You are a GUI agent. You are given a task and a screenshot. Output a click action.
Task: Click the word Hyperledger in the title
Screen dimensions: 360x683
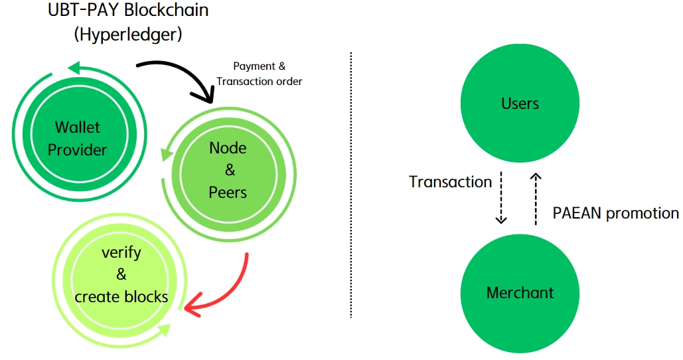tap(128, 33)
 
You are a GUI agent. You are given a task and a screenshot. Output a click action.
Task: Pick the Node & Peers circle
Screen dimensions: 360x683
tap(228, 170)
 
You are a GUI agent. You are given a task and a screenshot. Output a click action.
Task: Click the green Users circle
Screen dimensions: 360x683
tap(520, 104)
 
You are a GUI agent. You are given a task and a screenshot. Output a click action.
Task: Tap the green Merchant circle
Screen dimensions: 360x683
tap(520, 293)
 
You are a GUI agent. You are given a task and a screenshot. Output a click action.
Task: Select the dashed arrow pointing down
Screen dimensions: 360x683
tap(502, 198)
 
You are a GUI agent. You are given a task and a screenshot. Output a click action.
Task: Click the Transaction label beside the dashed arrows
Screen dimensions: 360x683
tap(450, 182)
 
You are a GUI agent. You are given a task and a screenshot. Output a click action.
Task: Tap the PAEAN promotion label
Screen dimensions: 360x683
tap(615, 214)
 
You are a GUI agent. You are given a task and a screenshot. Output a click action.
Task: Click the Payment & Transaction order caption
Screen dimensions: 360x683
tap(259, 74)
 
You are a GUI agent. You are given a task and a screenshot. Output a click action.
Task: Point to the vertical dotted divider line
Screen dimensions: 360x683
tap(350, 186)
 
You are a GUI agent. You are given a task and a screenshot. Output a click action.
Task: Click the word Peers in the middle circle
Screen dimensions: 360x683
tap(228, 193)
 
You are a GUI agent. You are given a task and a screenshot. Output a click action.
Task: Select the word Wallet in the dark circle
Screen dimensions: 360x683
tap(77, 127)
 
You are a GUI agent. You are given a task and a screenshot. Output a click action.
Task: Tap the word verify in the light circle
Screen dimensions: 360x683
tap(121, 252)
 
